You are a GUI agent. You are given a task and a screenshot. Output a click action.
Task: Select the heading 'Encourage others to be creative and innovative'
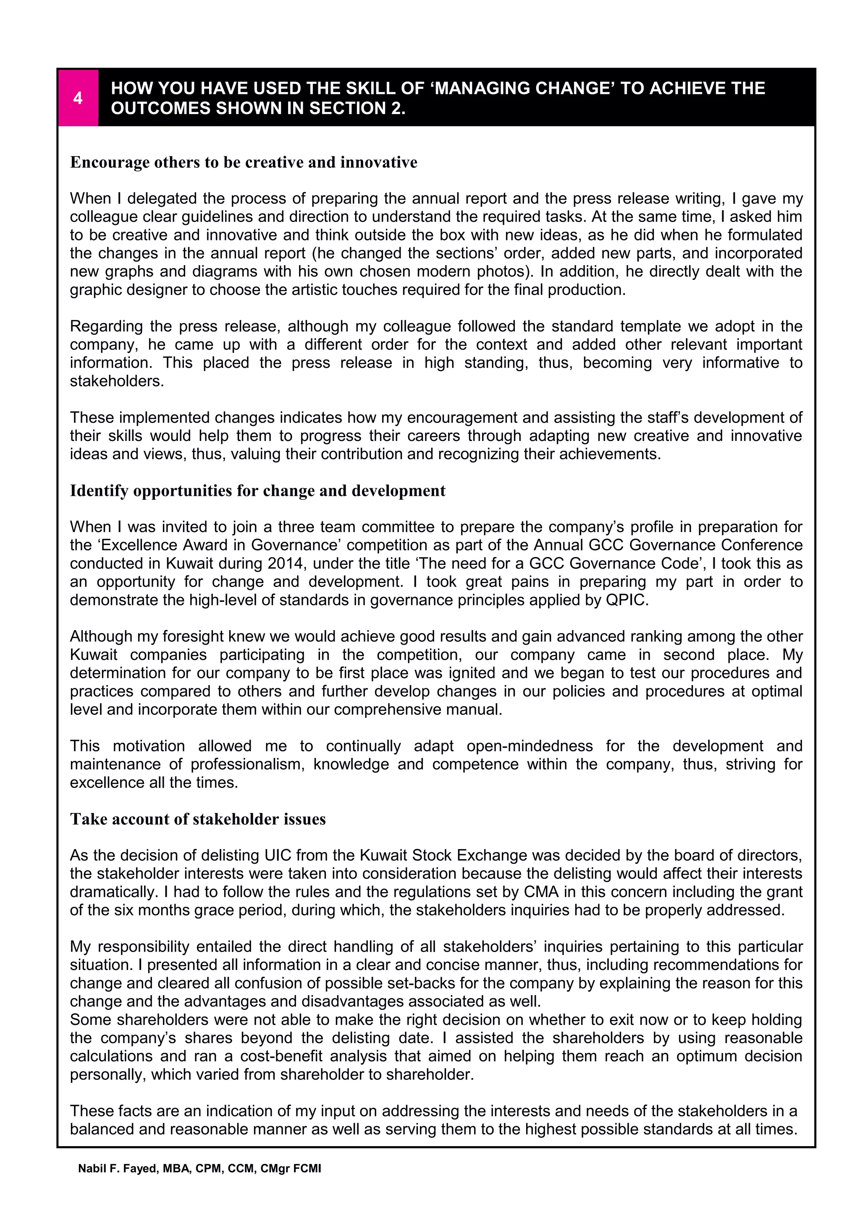tap(244, 162)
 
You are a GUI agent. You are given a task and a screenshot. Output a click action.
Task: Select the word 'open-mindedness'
tap(530, 746)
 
